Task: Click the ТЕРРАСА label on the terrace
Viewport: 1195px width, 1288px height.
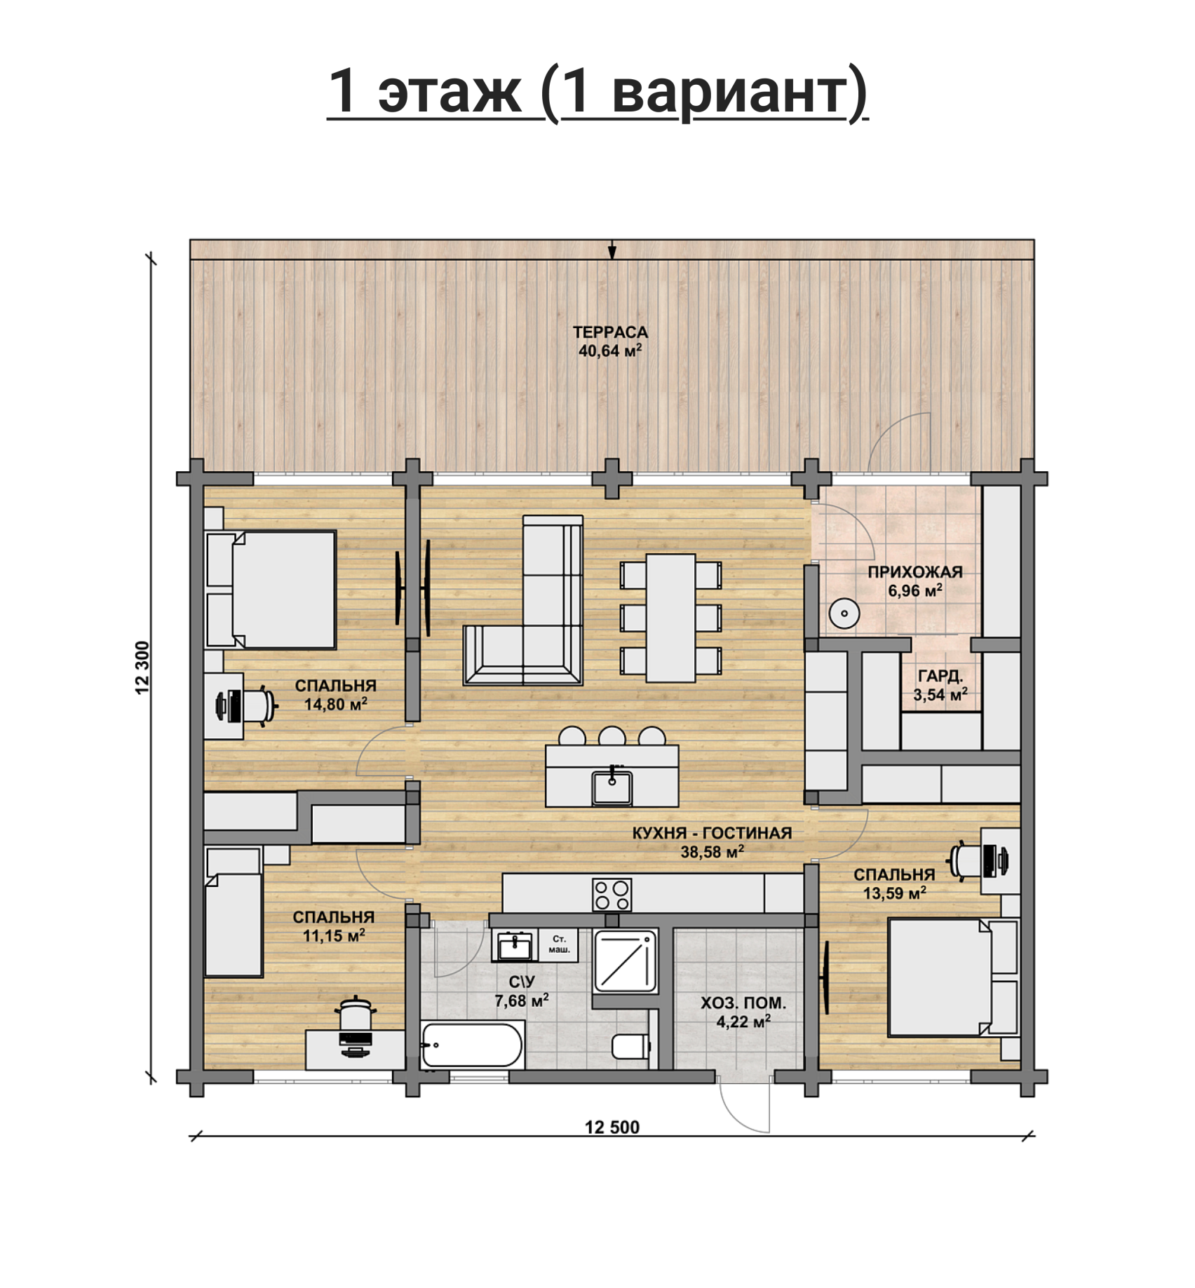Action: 609,332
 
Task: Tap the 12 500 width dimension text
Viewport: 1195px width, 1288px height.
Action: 612,1127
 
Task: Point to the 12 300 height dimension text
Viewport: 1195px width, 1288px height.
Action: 143,667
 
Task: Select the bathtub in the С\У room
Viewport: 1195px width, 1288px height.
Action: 473,1045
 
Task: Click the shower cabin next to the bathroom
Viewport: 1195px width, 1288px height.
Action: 626,961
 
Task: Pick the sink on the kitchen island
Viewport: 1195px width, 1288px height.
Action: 612,787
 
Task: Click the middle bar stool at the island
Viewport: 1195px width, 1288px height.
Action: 612,735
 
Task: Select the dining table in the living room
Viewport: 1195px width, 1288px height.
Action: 671,618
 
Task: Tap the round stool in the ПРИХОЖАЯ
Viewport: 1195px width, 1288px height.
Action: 844,614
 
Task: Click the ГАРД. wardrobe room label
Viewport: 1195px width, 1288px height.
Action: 940,676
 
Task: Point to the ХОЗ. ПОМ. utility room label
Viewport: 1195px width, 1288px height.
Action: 743,1003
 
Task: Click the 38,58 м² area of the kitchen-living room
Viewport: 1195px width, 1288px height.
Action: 712,851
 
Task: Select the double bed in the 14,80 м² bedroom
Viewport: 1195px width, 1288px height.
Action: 271,590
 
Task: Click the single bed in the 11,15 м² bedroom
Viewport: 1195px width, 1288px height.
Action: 233,911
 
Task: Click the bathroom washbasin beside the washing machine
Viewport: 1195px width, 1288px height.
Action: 514,946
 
